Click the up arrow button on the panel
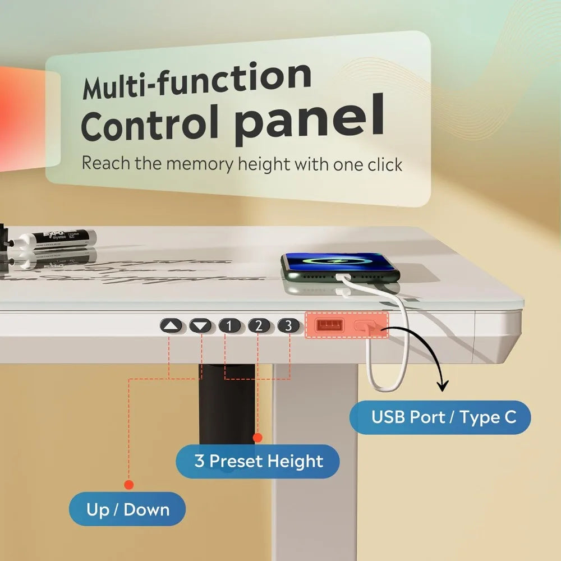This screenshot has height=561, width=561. point(172,326)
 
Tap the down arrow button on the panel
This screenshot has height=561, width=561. point(201,326)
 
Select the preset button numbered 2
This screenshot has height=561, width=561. point(259,325)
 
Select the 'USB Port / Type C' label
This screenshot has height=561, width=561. point(440,417)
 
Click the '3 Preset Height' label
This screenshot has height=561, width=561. point(258,462)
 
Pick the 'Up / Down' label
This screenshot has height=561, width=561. point(128,509)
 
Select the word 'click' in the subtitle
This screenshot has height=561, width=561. point(381,164)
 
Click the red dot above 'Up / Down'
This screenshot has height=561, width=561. point(129,484)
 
